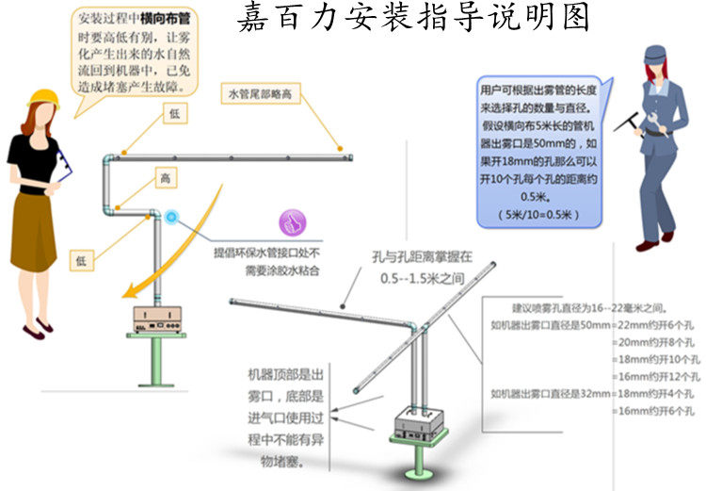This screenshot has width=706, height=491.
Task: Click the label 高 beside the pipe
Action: coord(165,177)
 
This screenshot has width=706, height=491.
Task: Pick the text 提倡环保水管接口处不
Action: coord(267,253)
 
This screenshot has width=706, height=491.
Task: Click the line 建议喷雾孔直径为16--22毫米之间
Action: coord(588,307)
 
